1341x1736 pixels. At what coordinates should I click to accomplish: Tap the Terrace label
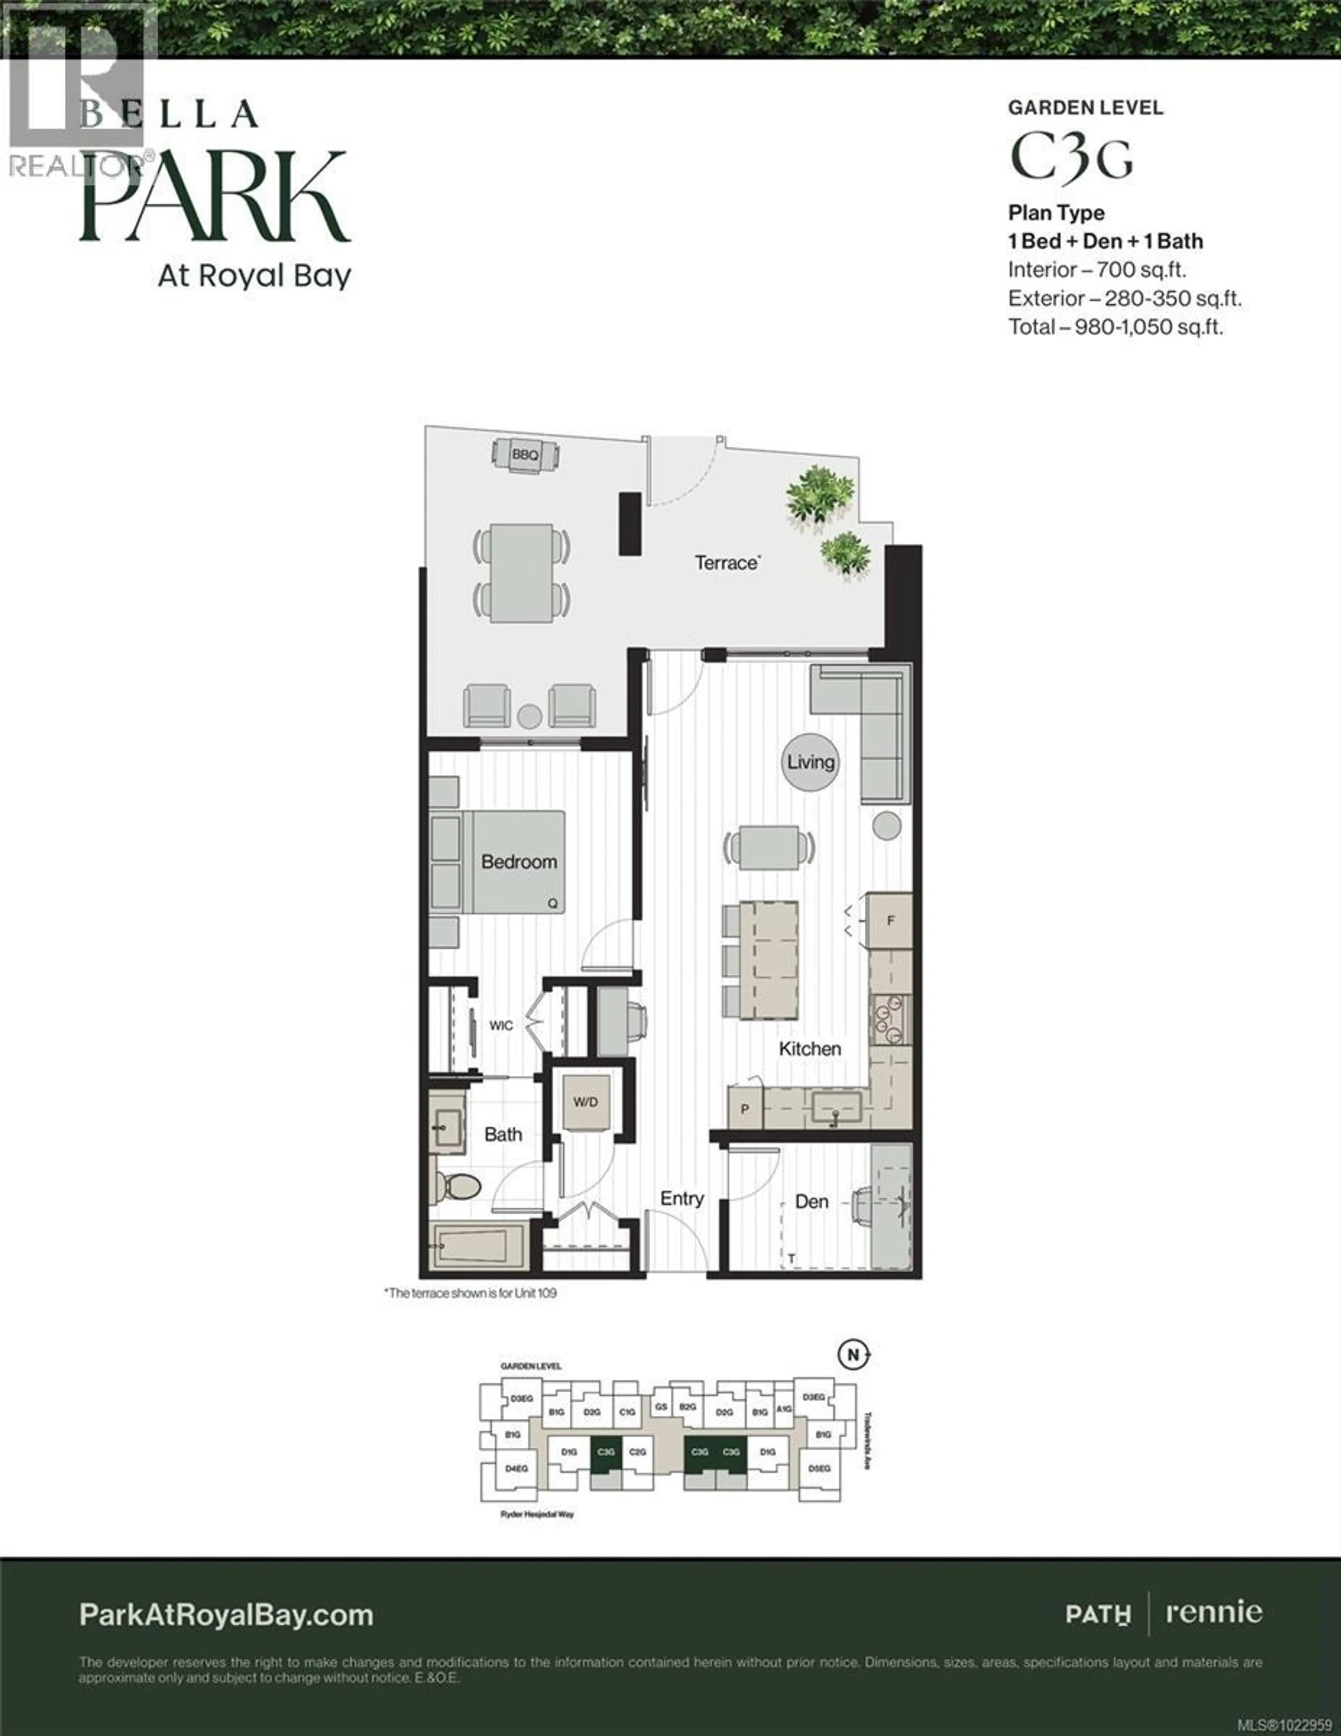[726, 563]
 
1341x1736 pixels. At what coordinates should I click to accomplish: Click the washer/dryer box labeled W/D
[586, 1103]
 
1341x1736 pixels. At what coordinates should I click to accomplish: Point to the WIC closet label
[501, 1025]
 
